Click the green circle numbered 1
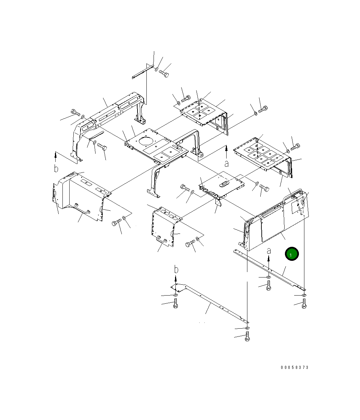coord(292,254)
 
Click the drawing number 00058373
coord(295,367)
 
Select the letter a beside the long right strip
coord(269,251)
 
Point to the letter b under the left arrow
coord(56,168)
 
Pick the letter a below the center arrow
coord(226,164)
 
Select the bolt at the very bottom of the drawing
coord(247,336)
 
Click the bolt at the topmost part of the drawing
coord(164,74)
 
